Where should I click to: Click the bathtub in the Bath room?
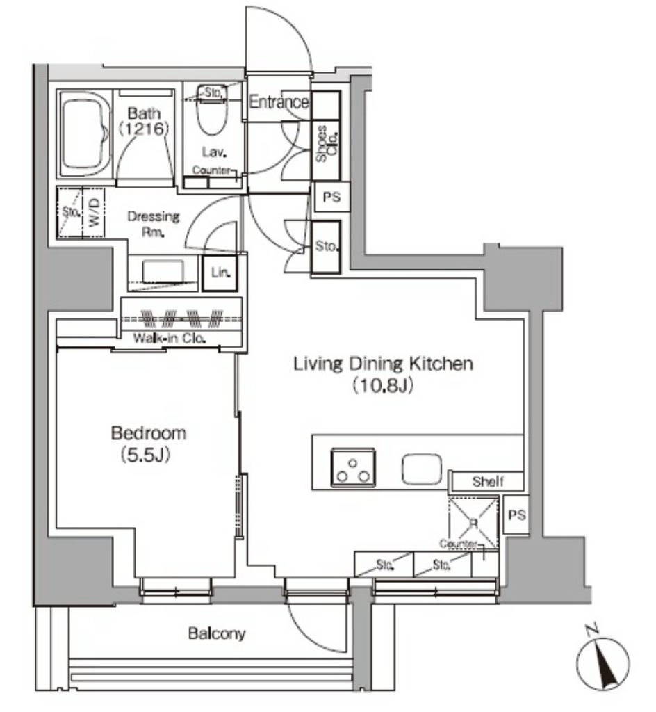(85, 135)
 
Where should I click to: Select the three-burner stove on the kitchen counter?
(353, 467)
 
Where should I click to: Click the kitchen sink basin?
(421, 469)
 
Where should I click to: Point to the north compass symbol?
(602, 661)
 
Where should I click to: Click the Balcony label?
(216, 633)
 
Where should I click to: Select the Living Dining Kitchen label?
(383, 364)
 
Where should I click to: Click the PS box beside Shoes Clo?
(331, 197)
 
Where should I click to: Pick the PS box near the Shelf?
(516, 515)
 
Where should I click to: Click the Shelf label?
(488, 481)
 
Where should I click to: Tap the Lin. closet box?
(220, 273)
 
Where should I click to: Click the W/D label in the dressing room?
(94, 213)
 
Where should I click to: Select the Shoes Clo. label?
(327, 143)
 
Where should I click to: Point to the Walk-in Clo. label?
(170, 339)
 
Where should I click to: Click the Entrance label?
(279, 102)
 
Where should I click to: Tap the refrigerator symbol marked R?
(473, 523)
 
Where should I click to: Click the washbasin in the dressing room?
(163, 272)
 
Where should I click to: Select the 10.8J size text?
(384, 385)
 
